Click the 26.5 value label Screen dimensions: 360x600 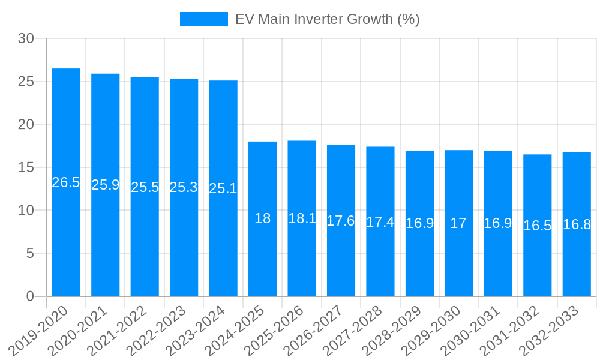66,183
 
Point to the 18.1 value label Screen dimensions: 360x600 302,218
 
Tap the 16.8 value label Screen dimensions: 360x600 577,225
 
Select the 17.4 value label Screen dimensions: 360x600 380,222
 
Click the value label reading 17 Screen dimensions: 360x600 458,223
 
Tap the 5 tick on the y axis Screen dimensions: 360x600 30,253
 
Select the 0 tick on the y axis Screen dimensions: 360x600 30,296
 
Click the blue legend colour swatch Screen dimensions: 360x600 204,19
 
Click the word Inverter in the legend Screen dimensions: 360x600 319,19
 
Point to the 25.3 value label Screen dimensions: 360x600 184,187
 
